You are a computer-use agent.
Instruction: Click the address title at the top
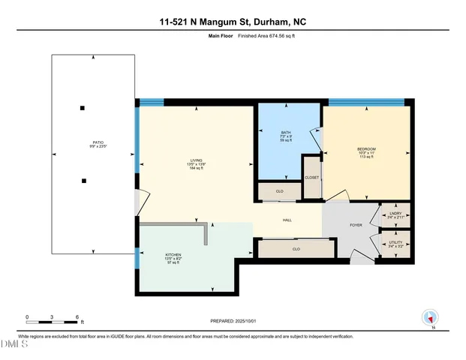pyautogui.click(x=233, y=22)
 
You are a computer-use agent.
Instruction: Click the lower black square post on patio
pyautogui.click(x=85, y=180)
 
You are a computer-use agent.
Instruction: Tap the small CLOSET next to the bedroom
pyautogui.click(x=311, y=178)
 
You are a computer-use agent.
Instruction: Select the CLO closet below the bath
pyautogui.click(x=280, y=191)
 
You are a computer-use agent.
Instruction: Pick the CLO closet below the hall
pyautogui.click(x=296, y=248)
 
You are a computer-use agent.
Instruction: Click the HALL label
pyautogui.click(x=287, y=220)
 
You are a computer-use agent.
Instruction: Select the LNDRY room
pyautogui.click(x=395, y=215)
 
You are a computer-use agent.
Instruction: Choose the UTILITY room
pyautogui.click(x=395, y=243)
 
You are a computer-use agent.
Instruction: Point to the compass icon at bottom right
pyautogui.click(x=430, y=318)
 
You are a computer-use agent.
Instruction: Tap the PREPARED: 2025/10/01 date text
pyautogui.click(x=233, y=320)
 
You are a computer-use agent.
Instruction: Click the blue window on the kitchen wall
pyautogui.click(x=137, y=260)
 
